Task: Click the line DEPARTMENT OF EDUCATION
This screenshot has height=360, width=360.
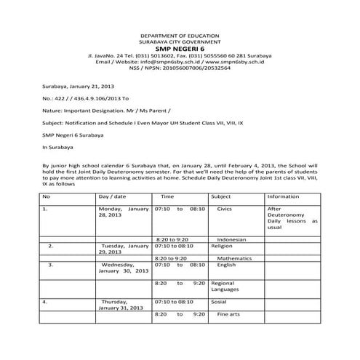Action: tap(180, 35)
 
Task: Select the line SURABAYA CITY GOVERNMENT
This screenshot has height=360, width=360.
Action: tap(180, 41)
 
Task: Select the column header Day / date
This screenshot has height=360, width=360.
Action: tap(113, 196)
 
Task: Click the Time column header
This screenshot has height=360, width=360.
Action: tap(167, 196)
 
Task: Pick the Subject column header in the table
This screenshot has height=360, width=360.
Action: tap(220, 196)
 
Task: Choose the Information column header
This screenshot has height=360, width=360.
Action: tap(283, 196)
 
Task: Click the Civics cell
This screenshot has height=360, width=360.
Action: tap(225, 209)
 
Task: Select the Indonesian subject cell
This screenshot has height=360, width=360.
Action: tap(231, 239)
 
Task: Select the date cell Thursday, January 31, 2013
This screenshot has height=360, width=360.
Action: tap(121, 304)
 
